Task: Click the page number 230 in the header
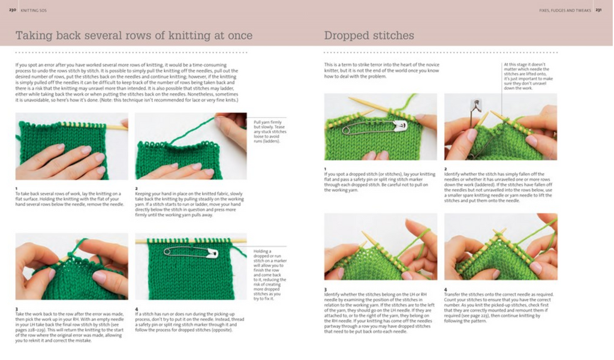click(x=12, y=10)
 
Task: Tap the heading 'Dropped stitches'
click(x=369, y=35)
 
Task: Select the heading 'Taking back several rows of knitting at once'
click(x=134, y=35)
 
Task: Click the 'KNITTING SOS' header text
click(x=34, y=10)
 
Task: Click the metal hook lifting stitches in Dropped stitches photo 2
click(x=477, y=109)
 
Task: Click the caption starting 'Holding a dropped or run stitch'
click(x=268, y=273)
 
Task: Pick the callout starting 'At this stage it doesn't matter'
click(x=529, y=76)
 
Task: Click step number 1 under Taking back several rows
click(x=17, y=188)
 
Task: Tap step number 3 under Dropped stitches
click(x=326, y=289)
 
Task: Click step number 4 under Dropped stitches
click(x=446, y=289)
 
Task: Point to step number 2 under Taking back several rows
click(x=136, y=188)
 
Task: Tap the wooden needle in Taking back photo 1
click(x=117, y=127)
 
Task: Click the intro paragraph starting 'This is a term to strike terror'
click(x=381, y=71)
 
